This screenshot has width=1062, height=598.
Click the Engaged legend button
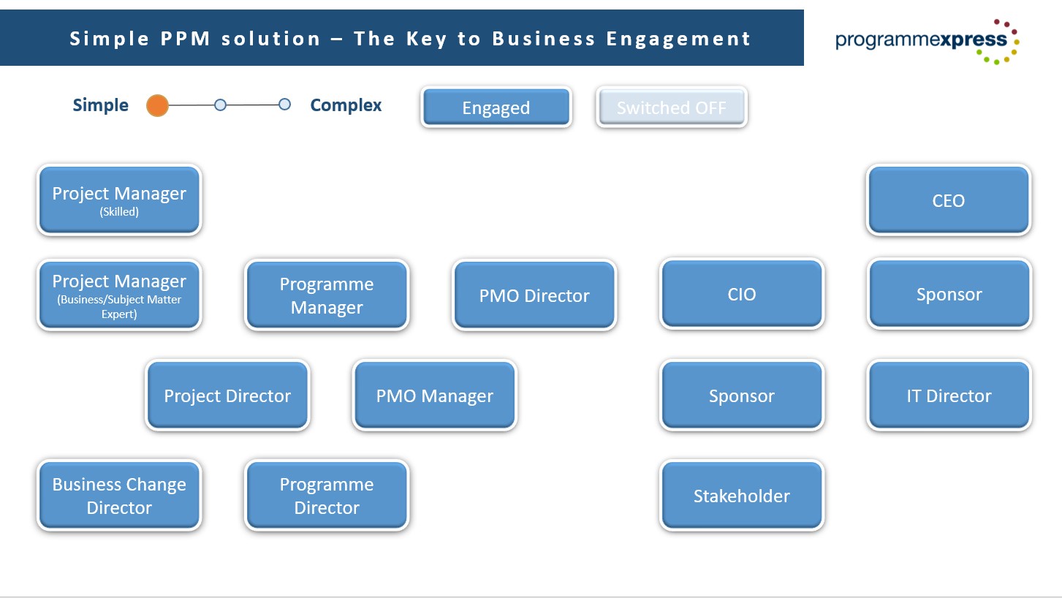pos(496,107)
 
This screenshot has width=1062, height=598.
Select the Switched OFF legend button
pos(671,107)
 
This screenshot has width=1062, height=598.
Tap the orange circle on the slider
pos(157,105)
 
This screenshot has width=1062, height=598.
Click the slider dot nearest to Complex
pos(284,105)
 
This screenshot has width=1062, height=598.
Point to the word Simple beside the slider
pos(100,105)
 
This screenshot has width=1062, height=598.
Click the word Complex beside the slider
pos(346,105)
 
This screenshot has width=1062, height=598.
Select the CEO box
pos(948,200)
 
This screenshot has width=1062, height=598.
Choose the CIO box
pos(741,294)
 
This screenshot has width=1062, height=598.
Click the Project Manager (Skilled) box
pos(119,200)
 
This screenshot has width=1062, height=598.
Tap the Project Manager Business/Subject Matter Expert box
pos(119,295)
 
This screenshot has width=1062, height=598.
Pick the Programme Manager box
pos(327,295)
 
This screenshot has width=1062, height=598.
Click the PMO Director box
pos(534,295)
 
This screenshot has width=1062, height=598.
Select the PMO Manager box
pos(434,395)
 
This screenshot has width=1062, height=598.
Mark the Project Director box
pos(227,395)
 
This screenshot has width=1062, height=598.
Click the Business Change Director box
pos(119,495)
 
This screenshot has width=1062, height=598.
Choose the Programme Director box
pos(327,495)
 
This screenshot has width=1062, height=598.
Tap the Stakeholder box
pos(741,495)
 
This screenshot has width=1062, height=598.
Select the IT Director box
pos(948,395)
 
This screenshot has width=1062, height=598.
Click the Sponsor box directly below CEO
pos(948,294)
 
